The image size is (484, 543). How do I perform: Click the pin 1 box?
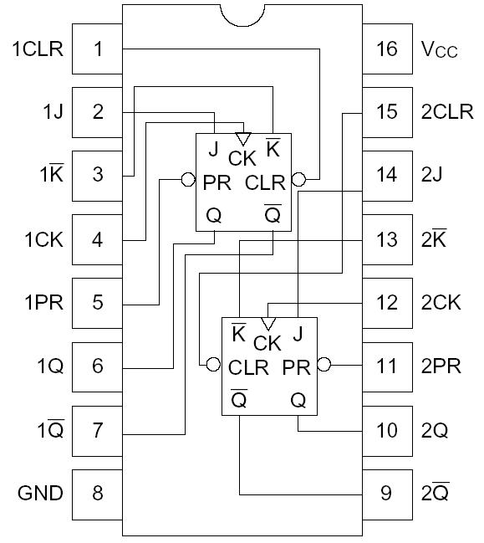click(98, 49)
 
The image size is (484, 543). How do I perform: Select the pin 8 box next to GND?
click(98, 493)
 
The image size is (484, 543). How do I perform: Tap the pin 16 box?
click(386, 49)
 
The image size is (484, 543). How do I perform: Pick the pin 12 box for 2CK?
click(386, 302)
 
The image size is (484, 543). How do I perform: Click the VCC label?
click(439, 49)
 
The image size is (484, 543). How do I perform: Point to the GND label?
click(40, 493)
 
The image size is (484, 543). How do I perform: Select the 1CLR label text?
click(38, 49)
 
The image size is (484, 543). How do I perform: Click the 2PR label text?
click(441, 366)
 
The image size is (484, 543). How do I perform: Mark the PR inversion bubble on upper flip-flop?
click(189, 179)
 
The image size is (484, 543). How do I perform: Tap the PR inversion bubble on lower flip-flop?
click(324, 365)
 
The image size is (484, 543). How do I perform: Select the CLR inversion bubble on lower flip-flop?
click(214, 365)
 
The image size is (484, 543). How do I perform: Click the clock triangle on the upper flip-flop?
click(243, 139)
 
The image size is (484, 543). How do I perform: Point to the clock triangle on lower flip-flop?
click(267, 324)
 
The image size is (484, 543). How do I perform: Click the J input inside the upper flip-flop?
click(213, 151)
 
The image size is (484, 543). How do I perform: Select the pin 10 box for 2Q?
click(386, 430)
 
